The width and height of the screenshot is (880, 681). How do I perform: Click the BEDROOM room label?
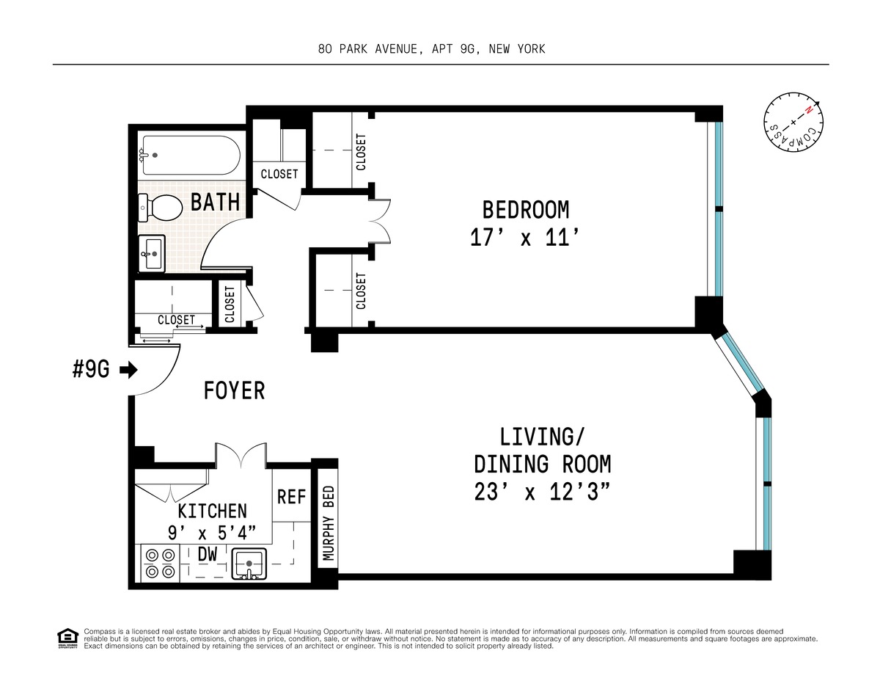[525, 210]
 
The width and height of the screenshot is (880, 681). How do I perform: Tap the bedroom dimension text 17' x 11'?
[525, 237]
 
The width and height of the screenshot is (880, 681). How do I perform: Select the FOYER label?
[234, 390]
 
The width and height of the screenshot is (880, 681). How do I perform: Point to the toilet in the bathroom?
[161, 208]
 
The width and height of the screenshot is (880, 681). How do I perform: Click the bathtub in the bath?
[190, 155]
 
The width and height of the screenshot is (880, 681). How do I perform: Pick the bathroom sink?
[152, 254]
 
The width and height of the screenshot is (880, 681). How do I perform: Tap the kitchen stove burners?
[161, 563]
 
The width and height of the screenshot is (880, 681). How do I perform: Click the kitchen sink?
[249, 564]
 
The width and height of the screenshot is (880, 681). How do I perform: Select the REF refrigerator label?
[291, 497]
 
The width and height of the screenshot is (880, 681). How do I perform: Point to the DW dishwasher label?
[208, 554]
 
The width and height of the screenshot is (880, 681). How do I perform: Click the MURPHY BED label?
[329, 523]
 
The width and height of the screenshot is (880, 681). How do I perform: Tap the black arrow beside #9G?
[129, 370]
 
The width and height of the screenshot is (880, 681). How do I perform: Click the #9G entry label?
[91, 369]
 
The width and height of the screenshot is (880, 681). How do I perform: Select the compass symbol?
[793, 123]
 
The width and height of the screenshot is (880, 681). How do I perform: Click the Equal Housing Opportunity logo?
[67, 639]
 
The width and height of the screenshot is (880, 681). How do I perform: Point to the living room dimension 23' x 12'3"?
[542, 492]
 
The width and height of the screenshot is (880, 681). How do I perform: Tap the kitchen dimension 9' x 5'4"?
[212, 533]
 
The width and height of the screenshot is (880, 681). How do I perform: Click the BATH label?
[215, 202]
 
